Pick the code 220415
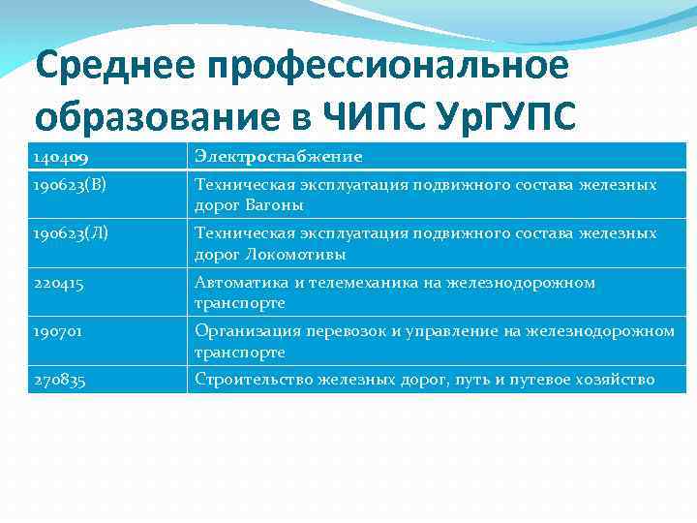click(57, 283)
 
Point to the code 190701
click(57, 332)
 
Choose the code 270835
click(58, 381)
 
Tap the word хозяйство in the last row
click(621, 381)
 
